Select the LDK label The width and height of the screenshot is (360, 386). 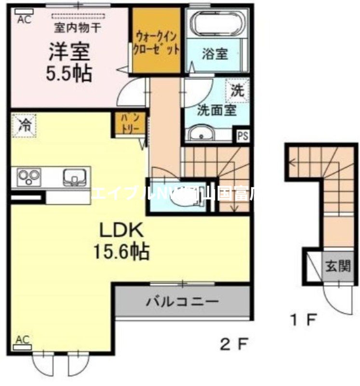pyautogui.click(x=121, y=231)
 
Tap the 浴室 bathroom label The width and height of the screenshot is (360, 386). pyautogui.click(x=214, y=54)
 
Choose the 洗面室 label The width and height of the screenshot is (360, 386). pyautogui.click(x=216, y=110)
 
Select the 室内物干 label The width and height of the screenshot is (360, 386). pyautogui.click(x=77, y=28)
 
